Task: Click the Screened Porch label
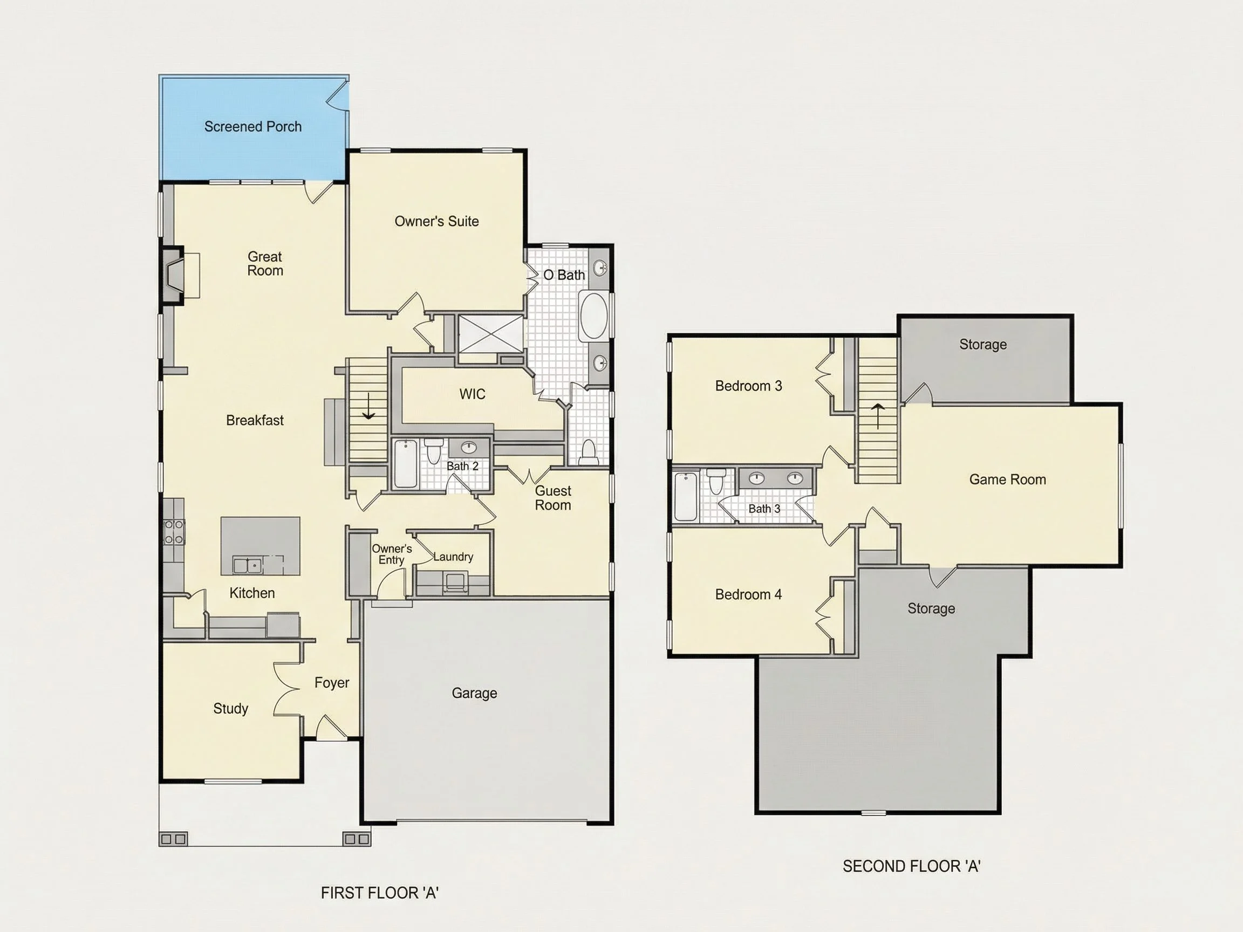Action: pyautogui.click(x=253, y=127)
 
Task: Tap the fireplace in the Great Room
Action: pyautogui.click(x=174, y=276)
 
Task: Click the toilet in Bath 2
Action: pyautogui.click(x=433, y=451)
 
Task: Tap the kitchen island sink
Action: pyautogui.click(x=247, y=565)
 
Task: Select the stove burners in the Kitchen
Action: pyautogui.click(x=174, y=531)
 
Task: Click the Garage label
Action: pyautogui.click(x=474, y=693)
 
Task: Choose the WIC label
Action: pyautogui.click(x=472, y=394)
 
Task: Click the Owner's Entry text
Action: pyautogui.click(x=392, y=554)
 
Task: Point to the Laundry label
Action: pyautogui.click(x=453, y=557)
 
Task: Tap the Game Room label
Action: pyautogui.click(x=1008, y=479)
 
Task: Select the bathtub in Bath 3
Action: pyautogui.click(x=686, y=497)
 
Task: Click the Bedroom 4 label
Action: pyautogui.click(x=748, y=594)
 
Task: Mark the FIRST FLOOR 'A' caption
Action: pyautogui.click(x=379, y=893)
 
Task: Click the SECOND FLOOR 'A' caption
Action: pyautogui.click(x=911, y=866)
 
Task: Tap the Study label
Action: pyautogui.click(x=230, y=709)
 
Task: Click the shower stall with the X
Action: pyautogui.click(x=491, y=334)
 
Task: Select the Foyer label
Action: pyautogui.click(x=332, y=683)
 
